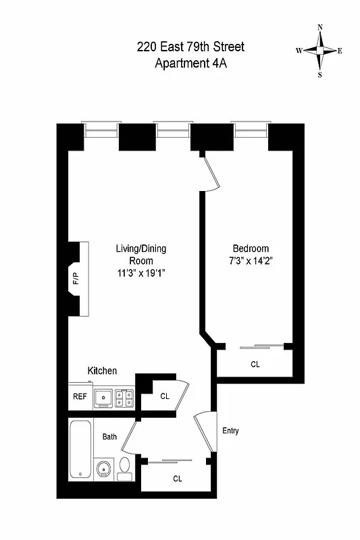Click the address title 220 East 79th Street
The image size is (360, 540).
click(190, 47)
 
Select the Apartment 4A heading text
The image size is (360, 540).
click(190, 64)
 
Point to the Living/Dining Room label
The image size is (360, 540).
click(140, 254)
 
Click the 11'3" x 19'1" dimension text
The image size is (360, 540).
click(140, 273)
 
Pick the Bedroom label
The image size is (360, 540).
click(251, 248)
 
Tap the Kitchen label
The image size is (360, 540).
click(102, 371)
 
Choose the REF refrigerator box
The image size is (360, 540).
click(80, 397)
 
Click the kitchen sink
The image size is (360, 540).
click(103, 397)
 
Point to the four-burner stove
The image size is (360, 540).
click(124, 398)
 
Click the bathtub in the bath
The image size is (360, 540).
click(78, 448)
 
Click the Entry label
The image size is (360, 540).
click(230, 431)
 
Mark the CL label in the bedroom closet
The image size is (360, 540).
click(255, 364)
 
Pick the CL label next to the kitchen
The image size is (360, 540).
click(165, 396)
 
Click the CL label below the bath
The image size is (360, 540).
click(178, 479)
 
